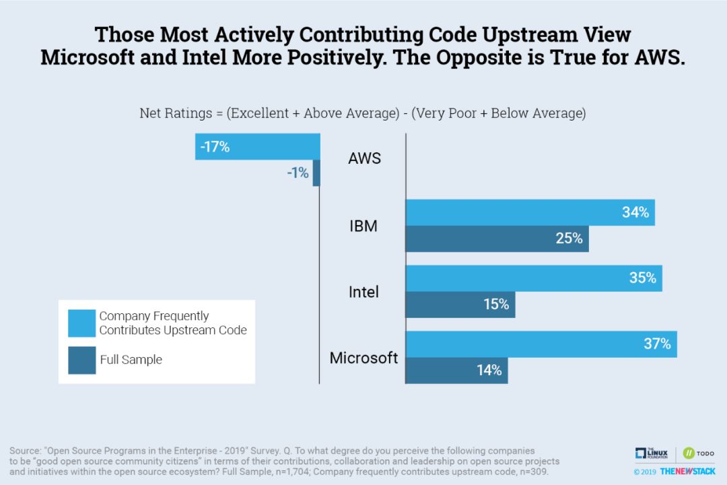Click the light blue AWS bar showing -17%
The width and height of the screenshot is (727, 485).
click(258, 147)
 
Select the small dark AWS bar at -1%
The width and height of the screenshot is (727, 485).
click(316, 173)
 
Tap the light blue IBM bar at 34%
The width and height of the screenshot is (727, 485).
click(530, 213)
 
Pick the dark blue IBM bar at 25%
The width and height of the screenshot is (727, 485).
click(497, 239)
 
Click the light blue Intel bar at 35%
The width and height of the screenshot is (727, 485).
click(534, 278)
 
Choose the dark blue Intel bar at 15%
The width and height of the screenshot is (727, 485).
click(460, 304)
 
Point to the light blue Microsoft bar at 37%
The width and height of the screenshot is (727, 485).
click(541, 344)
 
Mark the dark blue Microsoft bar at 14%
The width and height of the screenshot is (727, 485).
click(456, 370)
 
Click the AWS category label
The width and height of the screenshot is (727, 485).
click(364, 159)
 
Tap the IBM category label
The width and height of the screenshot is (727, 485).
click(363, 226)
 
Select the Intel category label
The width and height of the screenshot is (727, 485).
click(363, 292)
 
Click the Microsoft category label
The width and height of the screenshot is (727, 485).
click(363, 358)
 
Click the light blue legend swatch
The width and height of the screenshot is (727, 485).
click(81, 323)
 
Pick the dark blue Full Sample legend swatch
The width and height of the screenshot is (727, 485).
click(81, 360)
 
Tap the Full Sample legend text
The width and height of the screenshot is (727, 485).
click(131, 360)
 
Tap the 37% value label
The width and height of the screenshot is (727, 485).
click(657, 344)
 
